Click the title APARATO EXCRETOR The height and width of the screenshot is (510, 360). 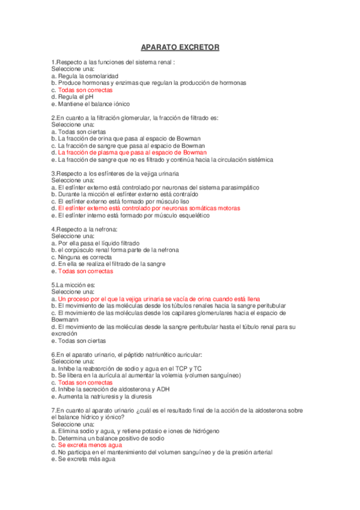(x=180, y=47)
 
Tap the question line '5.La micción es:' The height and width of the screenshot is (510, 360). (x=74, y=285)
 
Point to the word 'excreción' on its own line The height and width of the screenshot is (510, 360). (x=64, y=334)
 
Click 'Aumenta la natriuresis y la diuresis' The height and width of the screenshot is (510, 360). (x=107, y=396)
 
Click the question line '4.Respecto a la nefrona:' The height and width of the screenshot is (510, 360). (x=85, y=229)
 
